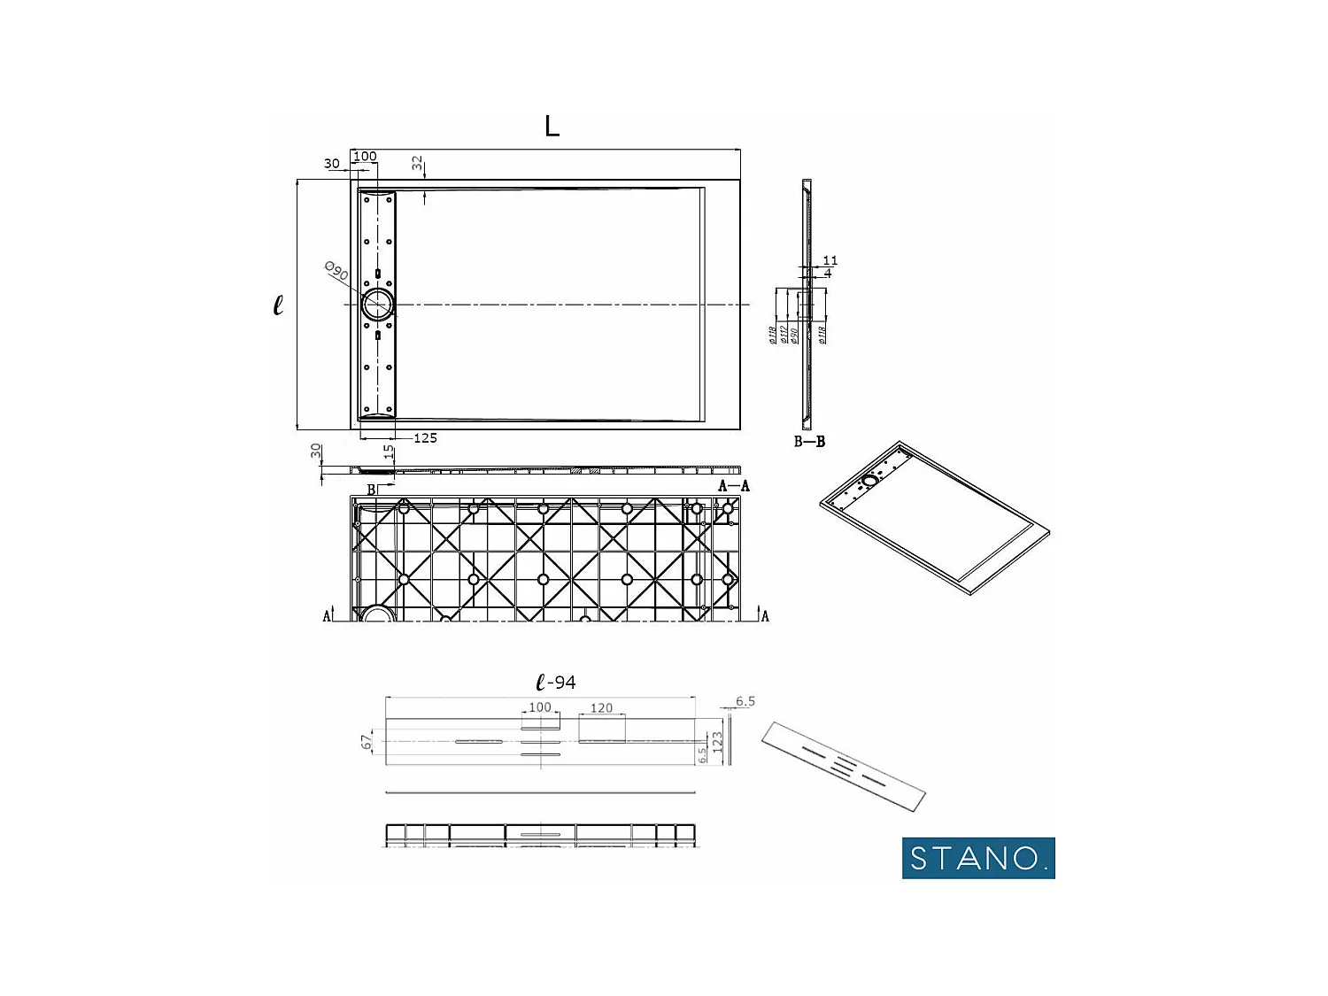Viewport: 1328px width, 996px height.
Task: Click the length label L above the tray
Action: pyautogui.click(x=552, y=127)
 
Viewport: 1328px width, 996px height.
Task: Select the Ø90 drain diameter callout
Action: pyautogui.click(x=336, y=272)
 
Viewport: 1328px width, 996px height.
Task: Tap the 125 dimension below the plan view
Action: pyautogui.click(x=425, y=438)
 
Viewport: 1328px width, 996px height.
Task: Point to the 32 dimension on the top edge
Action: pyautogui.click(x=417, y=164)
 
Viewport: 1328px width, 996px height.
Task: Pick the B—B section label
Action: pyautogui.click(x=809, y=441)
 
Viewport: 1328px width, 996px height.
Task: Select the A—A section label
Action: pyautogui.click(x=733, y=486)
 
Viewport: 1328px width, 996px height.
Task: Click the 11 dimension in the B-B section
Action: pyautogui.click(x=830, y=260)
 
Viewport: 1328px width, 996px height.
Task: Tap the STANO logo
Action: pyautogui.click(x=978, y=858)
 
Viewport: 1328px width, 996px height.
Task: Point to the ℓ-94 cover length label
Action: pyautogui.click(x=556, y=683)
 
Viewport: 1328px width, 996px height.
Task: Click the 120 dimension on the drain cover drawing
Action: pyautogui.click(x=601, y=708)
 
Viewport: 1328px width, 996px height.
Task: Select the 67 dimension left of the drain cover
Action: pyautogui.click(x=367, y=742)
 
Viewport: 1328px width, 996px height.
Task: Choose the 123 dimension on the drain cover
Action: pyautogui.click(x=718, y=741)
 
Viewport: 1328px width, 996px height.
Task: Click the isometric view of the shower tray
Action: pyautogui.click(x=934, y=518)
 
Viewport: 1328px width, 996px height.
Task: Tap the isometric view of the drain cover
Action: pyautogui.click(x=843, y=767)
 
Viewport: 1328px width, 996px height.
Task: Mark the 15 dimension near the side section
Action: pyautogui.click(x=388, y=452)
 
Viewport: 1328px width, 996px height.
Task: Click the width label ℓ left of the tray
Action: pyautogui.click(x=278, y=305)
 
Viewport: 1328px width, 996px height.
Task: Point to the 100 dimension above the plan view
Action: pyautogui.click(x=365, y=157)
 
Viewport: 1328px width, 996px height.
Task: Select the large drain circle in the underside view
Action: pyautogui.click(x=378, y=614)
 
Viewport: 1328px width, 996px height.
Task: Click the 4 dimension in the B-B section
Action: pyautogui.click(x=828, y=273)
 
